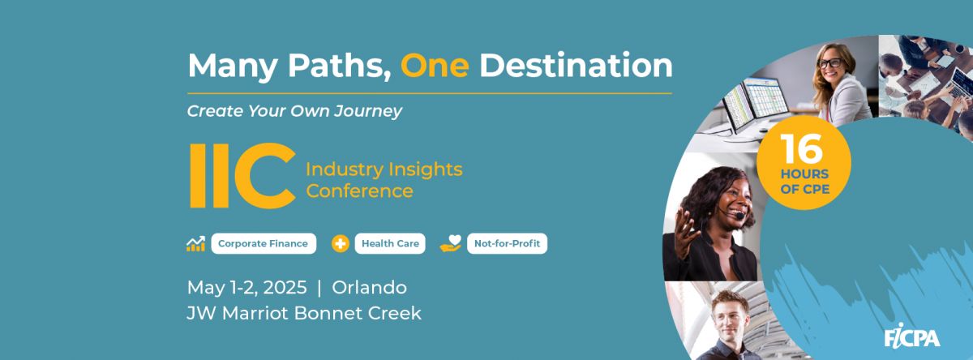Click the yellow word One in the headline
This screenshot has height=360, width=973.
point(435,65)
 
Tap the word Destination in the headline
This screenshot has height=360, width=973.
point(576,65)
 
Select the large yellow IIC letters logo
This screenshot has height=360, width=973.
point(243,175)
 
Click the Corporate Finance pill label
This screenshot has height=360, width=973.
point(264,243)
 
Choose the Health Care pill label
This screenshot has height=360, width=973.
point(390,243)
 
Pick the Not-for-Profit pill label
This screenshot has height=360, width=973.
point(507,243)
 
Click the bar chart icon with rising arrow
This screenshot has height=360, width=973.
point(196,244)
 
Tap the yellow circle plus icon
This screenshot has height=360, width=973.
point(340,243)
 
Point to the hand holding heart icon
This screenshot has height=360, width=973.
point(451,243)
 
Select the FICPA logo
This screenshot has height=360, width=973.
point(912,336)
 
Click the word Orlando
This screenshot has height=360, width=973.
point(369,288)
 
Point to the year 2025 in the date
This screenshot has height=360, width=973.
point(285,288)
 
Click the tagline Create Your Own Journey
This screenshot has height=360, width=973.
point(294,111)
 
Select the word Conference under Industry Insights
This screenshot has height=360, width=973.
point(360,191)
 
